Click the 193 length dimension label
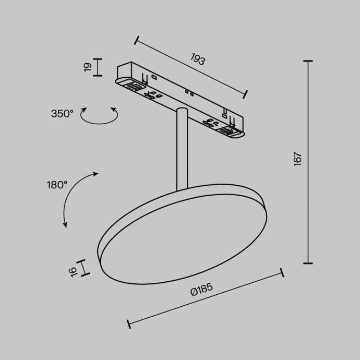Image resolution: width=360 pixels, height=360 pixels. coord(197,59)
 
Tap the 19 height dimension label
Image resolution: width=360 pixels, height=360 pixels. coord(88,67)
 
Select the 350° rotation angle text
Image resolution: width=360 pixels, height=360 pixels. coord(62,113)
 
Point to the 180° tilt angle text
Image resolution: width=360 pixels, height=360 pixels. coord(57,184)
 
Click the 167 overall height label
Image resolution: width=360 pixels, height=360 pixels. coord(298,159)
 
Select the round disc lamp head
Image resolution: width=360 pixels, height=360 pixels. coord(183,235)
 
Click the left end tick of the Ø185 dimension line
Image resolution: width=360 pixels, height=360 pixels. coord(129,324)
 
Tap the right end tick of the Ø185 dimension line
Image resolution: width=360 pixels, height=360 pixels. coord(282,273)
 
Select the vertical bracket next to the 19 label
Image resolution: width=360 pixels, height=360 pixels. coord(98,67)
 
